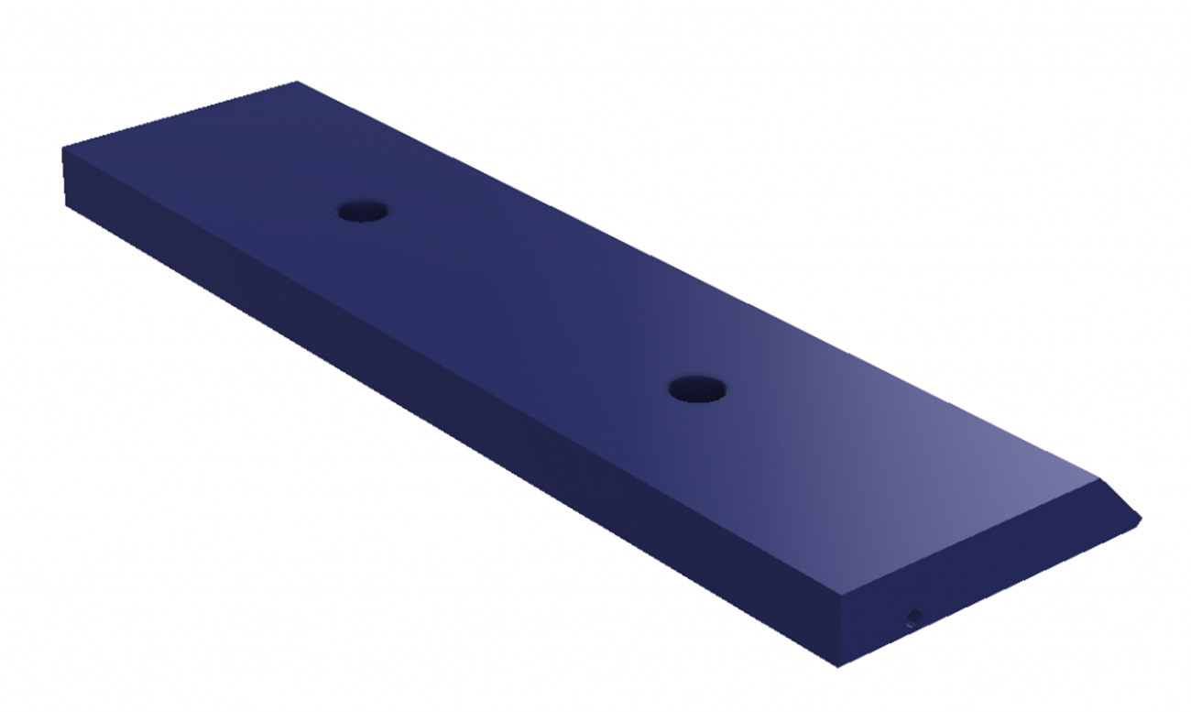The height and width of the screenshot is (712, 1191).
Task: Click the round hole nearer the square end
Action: click(x=362, y=212)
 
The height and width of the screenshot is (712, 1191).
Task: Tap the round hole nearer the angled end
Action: click(x=697, y=389)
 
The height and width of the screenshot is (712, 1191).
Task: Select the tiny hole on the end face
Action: click(x=912, y=615)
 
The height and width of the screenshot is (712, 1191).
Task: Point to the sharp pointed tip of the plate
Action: click(x=1142, y=519)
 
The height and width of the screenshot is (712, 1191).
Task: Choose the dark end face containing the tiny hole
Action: click(x=971, y=596)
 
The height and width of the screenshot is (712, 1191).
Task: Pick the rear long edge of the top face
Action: click(x=696, y=280)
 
